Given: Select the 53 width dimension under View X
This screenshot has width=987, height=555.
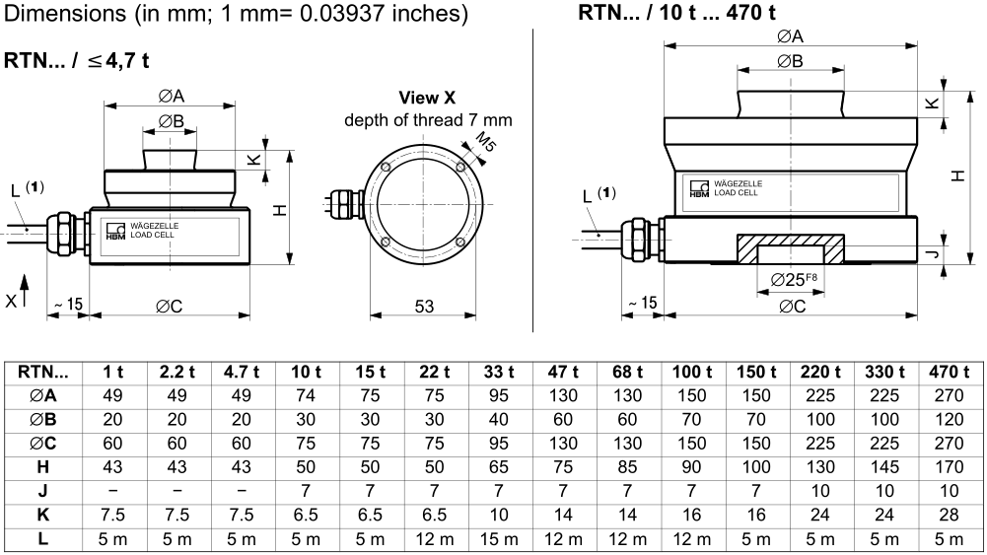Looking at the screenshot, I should tap(424, 307).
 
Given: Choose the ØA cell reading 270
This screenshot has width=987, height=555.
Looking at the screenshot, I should tap(949, 395).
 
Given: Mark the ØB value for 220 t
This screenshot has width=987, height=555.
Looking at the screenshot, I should tap(820, 417).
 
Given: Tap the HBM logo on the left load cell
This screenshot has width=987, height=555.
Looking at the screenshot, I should tap(115, 231).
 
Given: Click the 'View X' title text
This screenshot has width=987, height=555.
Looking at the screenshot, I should tap(427, 98).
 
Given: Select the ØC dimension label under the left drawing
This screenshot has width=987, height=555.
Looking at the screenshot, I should tap(169, 307).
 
